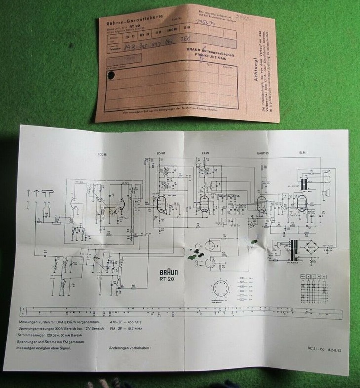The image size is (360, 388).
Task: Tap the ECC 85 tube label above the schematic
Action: point(103,154)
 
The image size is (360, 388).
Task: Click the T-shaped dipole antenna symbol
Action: point(48,193)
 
